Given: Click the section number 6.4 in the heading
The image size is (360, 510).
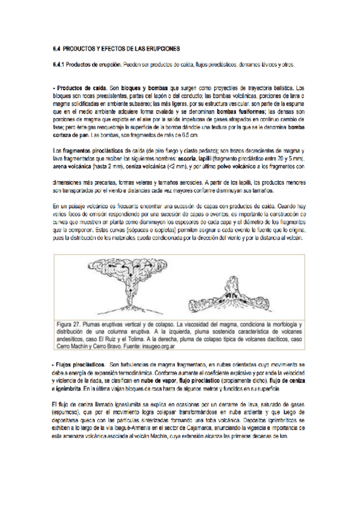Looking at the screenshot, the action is (x=57, y=48).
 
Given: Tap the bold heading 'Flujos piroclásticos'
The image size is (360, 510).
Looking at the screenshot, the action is (x=79, y=366).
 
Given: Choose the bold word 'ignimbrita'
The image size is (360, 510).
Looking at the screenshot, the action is (x=72, y=389).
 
